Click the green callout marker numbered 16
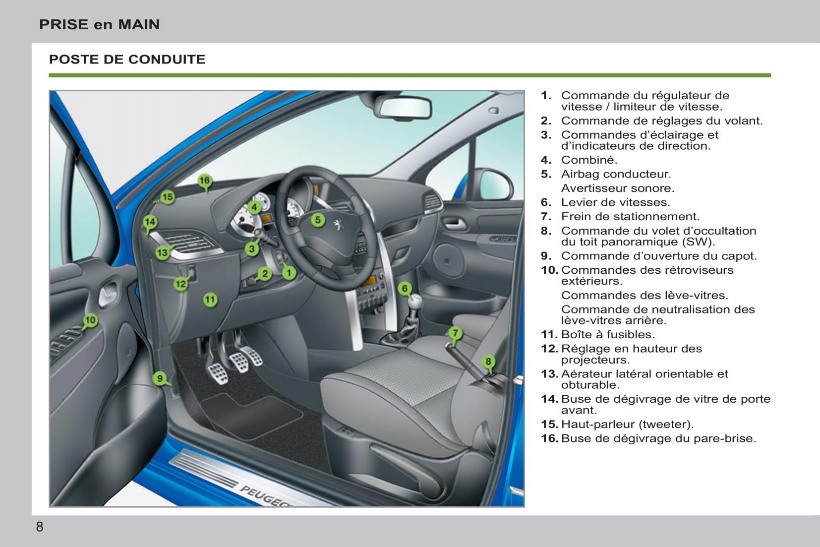pos(205,181)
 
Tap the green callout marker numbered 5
pos(318,220)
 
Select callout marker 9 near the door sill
pos(160,378)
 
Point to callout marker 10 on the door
pos(90,320)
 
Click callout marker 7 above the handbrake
pos(455,333)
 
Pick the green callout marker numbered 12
pos(180,284)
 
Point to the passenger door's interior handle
pos(454,224)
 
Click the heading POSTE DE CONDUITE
pos(127,60)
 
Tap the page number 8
pos(40,527)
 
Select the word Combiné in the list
pos(588,160)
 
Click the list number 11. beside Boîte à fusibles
pos(549,335)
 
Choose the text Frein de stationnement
pos(630,217)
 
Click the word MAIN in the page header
pos(139,24)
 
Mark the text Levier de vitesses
pos(615,202)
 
